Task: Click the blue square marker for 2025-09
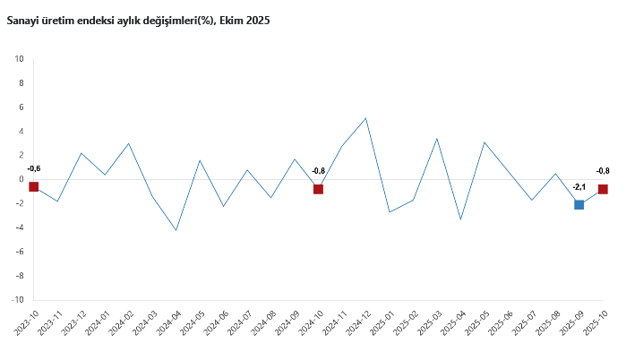click(579, 204)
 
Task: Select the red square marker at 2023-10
click(34, 186)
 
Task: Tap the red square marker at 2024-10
click(319, 189)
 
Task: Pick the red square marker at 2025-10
click(603, 189)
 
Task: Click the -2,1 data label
click(579, 187)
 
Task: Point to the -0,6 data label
click(34, 168)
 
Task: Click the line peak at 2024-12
click(366, 118)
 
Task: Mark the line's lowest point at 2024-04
click(176, 230)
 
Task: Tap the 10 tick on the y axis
click(20, 59)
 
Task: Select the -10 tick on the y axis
click(18, 300)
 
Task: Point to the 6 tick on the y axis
click(21, 107)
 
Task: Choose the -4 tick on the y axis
click(20, 227)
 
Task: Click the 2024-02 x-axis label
click(122, 322)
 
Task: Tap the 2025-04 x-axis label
click(453, 322)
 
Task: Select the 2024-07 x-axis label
click(240, 322)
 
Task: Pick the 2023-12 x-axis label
click(74, 322)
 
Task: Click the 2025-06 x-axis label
click(501, 322)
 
